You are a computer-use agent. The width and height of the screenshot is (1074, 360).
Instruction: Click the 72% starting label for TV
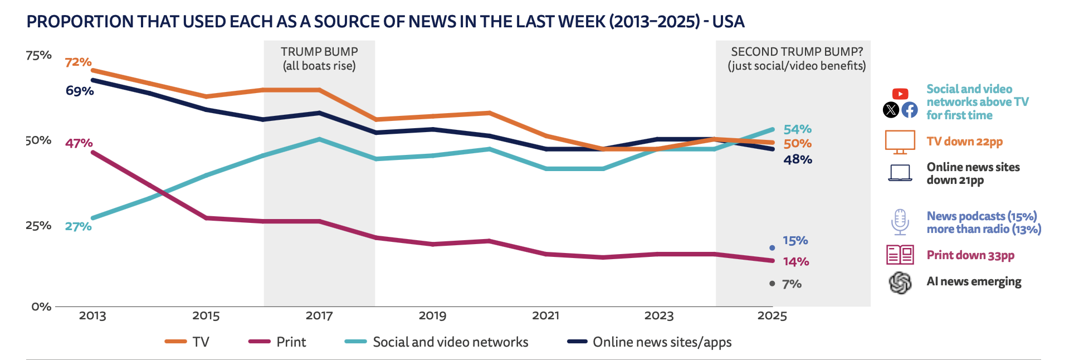(78, 62)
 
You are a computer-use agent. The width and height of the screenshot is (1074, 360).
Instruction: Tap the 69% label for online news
(80, 91)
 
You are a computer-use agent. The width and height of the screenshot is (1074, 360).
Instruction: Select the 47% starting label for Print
(79, 143)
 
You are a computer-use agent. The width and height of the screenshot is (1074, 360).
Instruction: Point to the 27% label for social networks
(78, 226)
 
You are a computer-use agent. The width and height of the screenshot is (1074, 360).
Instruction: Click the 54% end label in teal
(797, 129)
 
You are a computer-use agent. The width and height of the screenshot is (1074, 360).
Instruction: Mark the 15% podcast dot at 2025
(772, 247)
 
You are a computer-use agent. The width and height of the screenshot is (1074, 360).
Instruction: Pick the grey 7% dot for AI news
(772, 284)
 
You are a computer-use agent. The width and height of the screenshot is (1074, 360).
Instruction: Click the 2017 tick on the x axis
(319, 316)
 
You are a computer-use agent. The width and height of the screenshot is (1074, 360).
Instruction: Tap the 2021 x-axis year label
(545, 316)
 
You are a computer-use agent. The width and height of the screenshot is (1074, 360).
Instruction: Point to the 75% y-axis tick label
(38, 55)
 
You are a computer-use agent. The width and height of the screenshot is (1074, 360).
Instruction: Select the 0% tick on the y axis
(41, 307)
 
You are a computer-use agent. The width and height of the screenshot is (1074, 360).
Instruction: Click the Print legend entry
(277, 342)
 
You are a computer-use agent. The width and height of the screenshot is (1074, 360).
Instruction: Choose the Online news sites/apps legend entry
(650, 342)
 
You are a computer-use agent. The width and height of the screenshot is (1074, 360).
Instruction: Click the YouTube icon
(900, 94)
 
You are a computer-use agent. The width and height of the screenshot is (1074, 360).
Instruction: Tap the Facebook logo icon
(910, 110)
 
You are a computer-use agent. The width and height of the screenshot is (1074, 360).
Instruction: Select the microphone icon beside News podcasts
(900, 222)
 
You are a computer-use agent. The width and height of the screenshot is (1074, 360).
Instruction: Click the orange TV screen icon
(900, 142)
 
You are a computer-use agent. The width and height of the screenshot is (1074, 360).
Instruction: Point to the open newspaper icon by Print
(900, 255)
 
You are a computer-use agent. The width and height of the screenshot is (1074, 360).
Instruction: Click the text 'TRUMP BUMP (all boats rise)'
(319, 59)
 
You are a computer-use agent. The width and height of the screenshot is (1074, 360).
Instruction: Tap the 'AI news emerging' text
(974, 281)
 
